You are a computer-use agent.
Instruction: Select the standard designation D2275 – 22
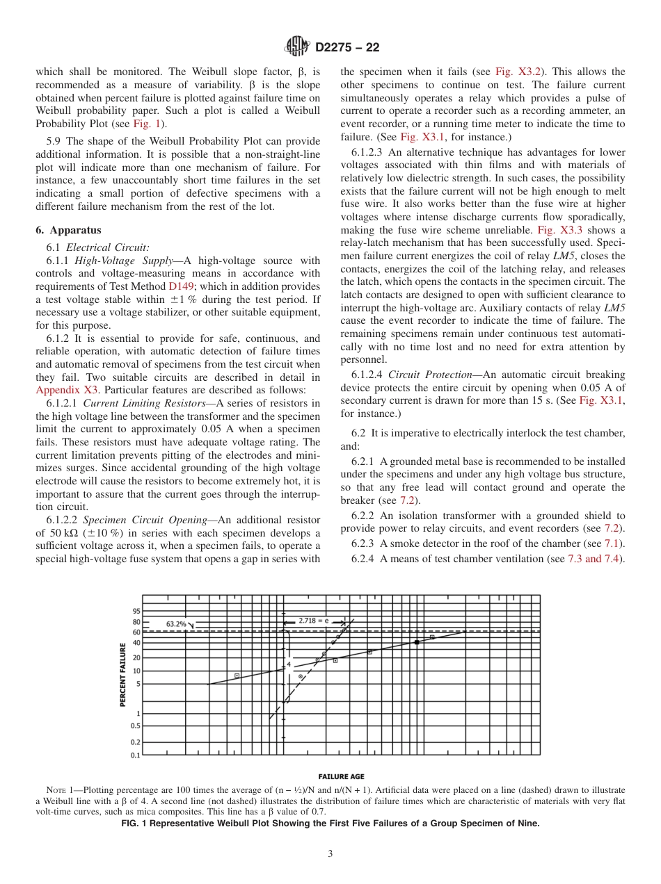pos(347,48)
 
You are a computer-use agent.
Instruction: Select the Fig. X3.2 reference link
pos(519,72)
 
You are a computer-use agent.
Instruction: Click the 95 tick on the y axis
pos(136,612)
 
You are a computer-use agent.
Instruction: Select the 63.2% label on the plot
pos(176,624)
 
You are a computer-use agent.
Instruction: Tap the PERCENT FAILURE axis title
pos(123,675)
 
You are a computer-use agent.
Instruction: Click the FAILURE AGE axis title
pos(341,776)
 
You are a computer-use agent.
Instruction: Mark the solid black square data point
pos(417,642)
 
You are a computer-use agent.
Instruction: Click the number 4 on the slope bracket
pos(289,664)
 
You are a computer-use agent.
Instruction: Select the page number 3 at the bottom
pos(330,854)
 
